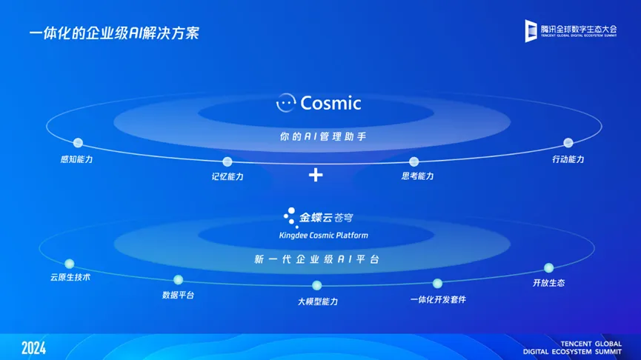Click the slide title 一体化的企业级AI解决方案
pyautogui.click(x=114, y=33)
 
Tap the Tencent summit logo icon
pyautogui.click(x=531, y=30)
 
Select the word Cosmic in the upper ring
pyautogui.click(x=331, y=103)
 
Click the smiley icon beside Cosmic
pyautogui.click(x=286, y=102)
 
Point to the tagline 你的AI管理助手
pyautogui.click(x=323, y=136)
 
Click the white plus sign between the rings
pyautogui.click(x=316, y=175)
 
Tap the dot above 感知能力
pyautogui.click(x=78, y=143)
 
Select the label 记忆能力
pyautogui.click(x=227, y=176)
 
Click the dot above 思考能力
pyautogui.click(x=414, y=161)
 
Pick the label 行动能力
pyautogui.click(x=568, y=159)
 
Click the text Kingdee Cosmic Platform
pyautogui.click(x=323, y=236)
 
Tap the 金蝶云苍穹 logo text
pyautogui.click(x=326, y=217)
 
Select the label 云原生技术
pyautogui.click(x=70, y=278)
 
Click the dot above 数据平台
pyautogui.click(x=179, y=280)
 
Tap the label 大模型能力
pyautogui.click(x=318, y=301)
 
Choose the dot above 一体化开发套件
pyautogui.click(x=437, y=283)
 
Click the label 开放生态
pyautogui.click(x=548, y=283)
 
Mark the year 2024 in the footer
pyautogui.click(x=33, y=348)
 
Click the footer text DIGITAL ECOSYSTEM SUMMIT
pyautogui.click(x=572, y=352)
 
